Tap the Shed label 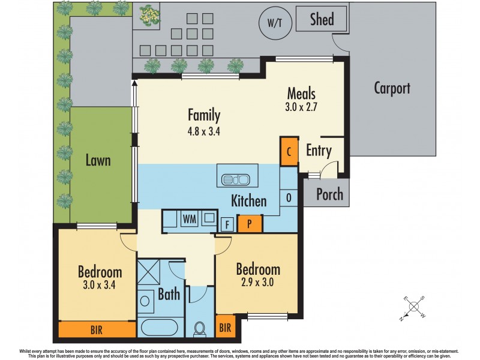click(x=322, y=19)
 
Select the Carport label click(x=392, y=88)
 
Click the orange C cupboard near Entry click(x=289, y=151)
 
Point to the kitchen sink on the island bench click(x=236, y=179)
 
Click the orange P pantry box click(x=250, y=224)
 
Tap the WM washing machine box click(x=190, y=218)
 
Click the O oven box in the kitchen click(x=289, y=197)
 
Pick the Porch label click(x=329, y=194)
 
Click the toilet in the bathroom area click(x=200, y=328)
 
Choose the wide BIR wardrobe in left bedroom click(x=97, y=329)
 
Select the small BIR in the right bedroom click(x=226, y=327)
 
